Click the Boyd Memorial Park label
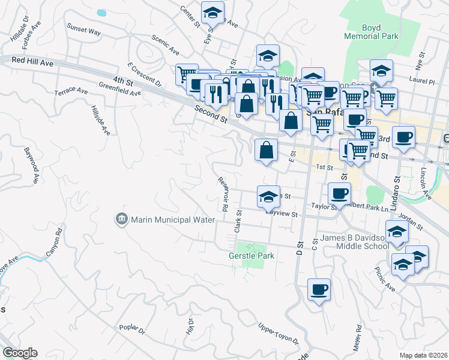tap(380, 32)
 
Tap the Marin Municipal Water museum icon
tap(122, 219)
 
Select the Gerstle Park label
tap(252, 256)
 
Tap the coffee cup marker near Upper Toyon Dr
tap(319, 290)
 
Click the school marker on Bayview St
tap(268, 196)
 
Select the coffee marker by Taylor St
tap(339, 193)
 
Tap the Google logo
tap(19, 353)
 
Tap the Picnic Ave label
tap(385, 280)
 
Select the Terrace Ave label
tap(71, 91)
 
